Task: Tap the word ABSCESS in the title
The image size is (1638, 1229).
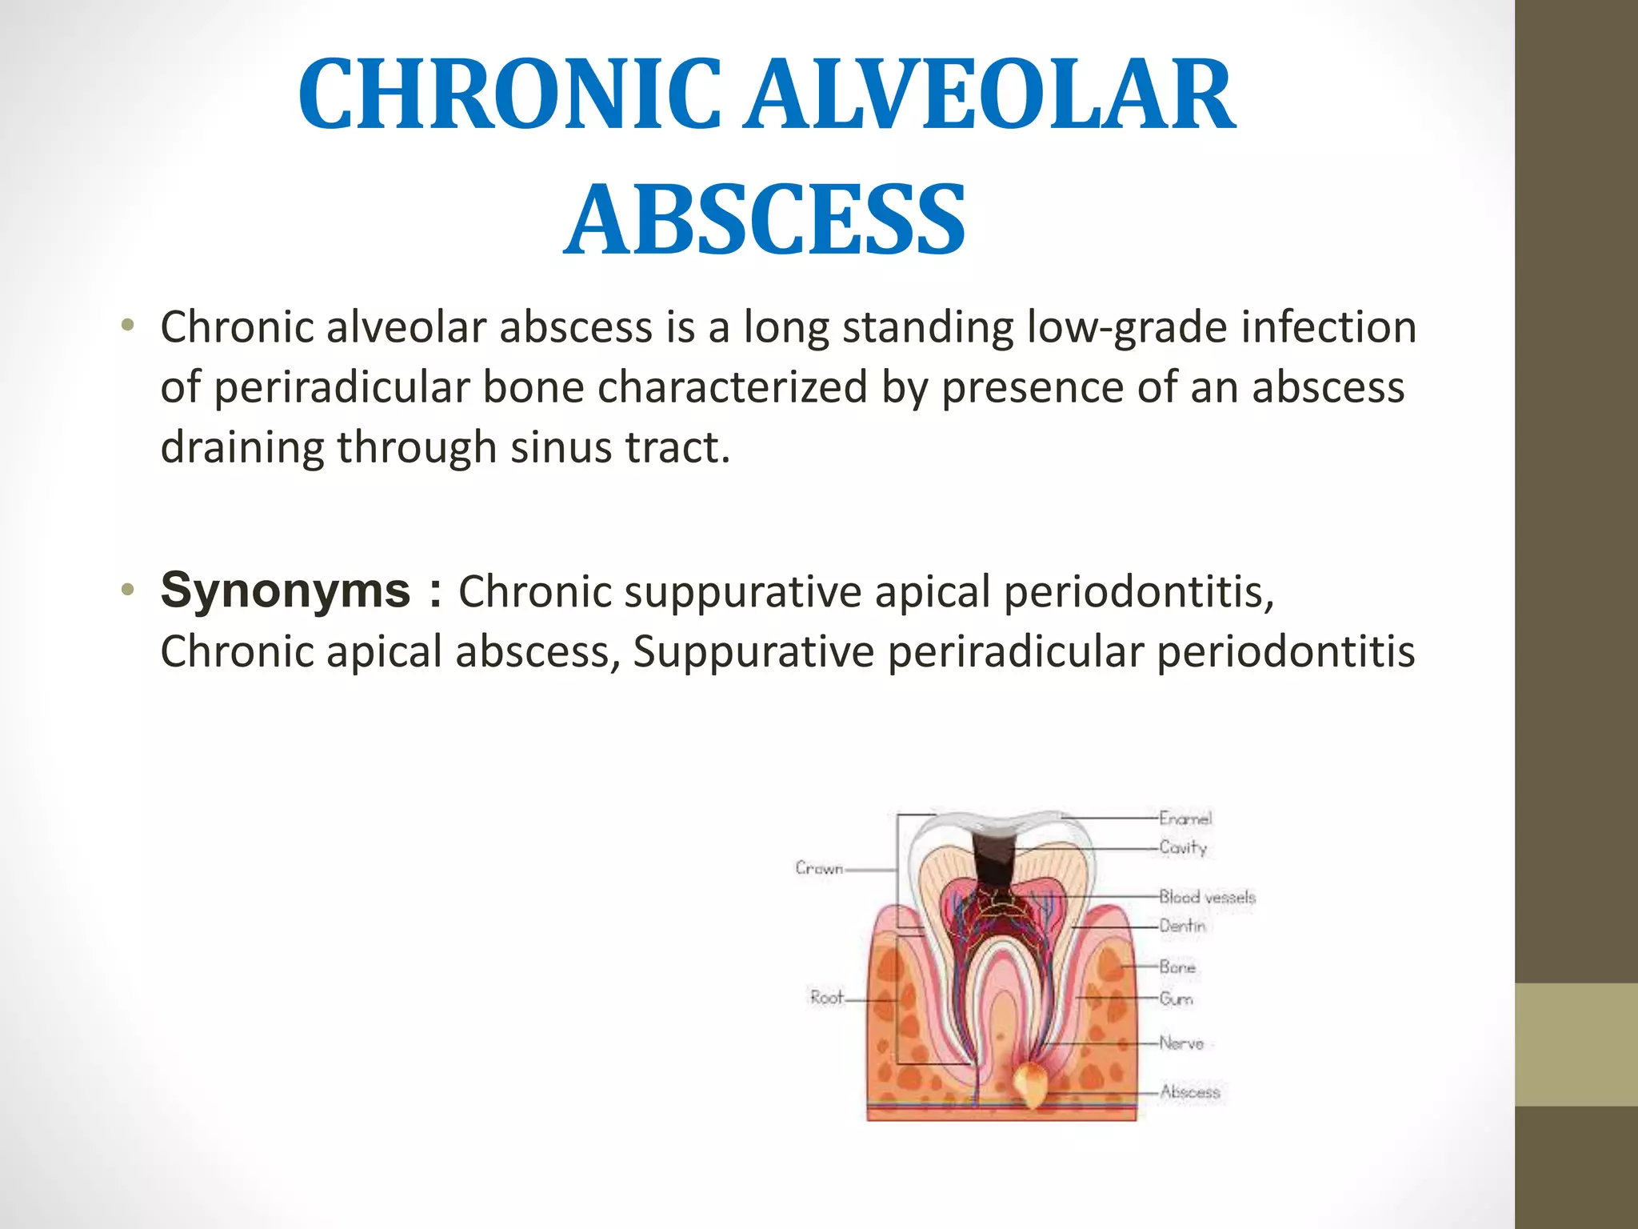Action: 765,219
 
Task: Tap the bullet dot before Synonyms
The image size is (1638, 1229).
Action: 126,590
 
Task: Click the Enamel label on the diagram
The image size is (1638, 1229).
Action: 1185,818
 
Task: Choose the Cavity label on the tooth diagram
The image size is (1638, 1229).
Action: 1183,847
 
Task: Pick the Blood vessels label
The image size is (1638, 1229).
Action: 1207,897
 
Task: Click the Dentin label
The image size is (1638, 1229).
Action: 1182,926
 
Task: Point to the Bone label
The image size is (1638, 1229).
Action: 1177,967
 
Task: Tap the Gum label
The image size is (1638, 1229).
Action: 1176,999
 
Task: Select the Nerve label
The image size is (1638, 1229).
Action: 1181,1043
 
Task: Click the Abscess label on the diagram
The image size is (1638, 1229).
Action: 1190,1091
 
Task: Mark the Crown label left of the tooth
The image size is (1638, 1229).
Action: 819,868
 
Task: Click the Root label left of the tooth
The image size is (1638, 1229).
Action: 826,997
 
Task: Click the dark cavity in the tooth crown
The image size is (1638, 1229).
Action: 994,861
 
